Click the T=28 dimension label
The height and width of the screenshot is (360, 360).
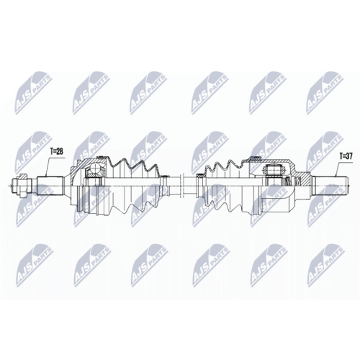pos(57,152)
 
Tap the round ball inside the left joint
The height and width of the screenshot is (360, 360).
pos(94,171)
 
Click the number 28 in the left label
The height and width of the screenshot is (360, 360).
pos(60,152)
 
